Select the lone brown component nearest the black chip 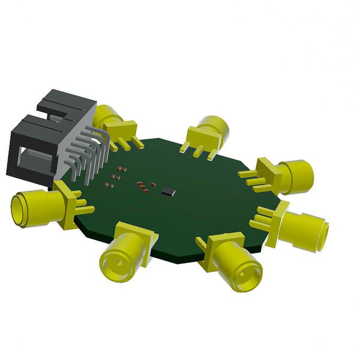tap(154, 183)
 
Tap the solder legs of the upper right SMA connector tap(251, 178)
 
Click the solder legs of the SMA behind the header tap(129, 142)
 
